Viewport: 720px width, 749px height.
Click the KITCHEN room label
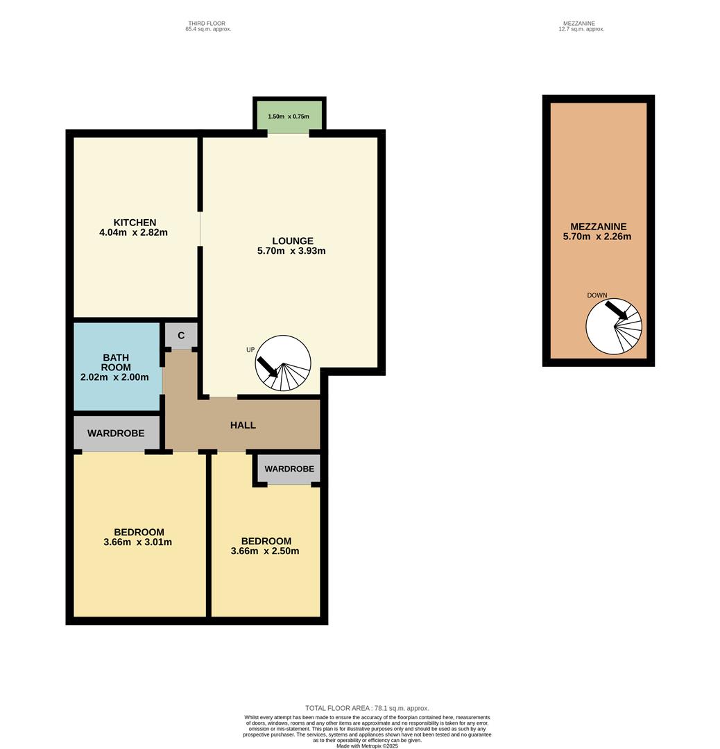pos(135,223)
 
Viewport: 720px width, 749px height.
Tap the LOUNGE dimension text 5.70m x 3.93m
pos(291,251)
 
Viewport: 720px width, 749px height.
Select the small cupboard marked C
pos(181,336)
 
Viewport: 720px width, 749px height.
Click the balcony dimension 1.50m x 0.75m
pos(289,117)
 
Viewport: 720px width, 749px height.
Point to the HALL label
pos(243,425)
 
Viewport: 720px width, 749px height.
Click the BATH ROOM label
pos(116,363)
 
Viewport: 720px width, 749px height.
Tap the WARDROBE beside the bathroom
pos(116,433)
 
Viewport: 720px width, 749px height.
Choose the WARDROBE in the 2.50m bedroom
pos(289,469)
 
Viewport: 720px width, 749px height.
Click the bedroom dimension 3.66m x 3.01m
pos(137,542)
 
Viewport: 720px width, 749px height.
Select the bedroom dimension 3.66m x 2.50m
pos(265,551)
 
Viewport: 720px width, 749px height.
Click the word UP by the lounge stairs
pos(250,350)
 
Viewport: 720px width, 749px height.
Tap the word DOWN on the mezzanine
pos(597,295)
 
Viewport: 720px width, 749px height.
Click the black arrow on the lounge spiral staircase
pos(267,367)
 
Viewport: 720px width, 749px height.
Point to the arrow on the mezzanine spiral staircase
pos(617,309)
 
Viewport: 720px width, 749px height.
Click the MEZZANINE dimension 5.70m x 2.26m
pos(597,236)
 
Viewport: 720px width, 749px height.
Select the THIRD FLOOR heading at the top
pos(207,24)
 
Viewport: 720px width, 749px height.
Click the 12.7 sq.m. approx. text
pos(581,29)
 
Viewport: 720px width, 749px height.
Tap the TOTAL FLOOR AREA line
pos(367,708)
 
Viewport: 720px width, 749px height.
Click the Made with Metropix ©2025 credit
pos(367,746)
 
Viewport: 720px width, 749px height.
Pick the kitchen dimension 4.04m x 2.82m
pos(133,232)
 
